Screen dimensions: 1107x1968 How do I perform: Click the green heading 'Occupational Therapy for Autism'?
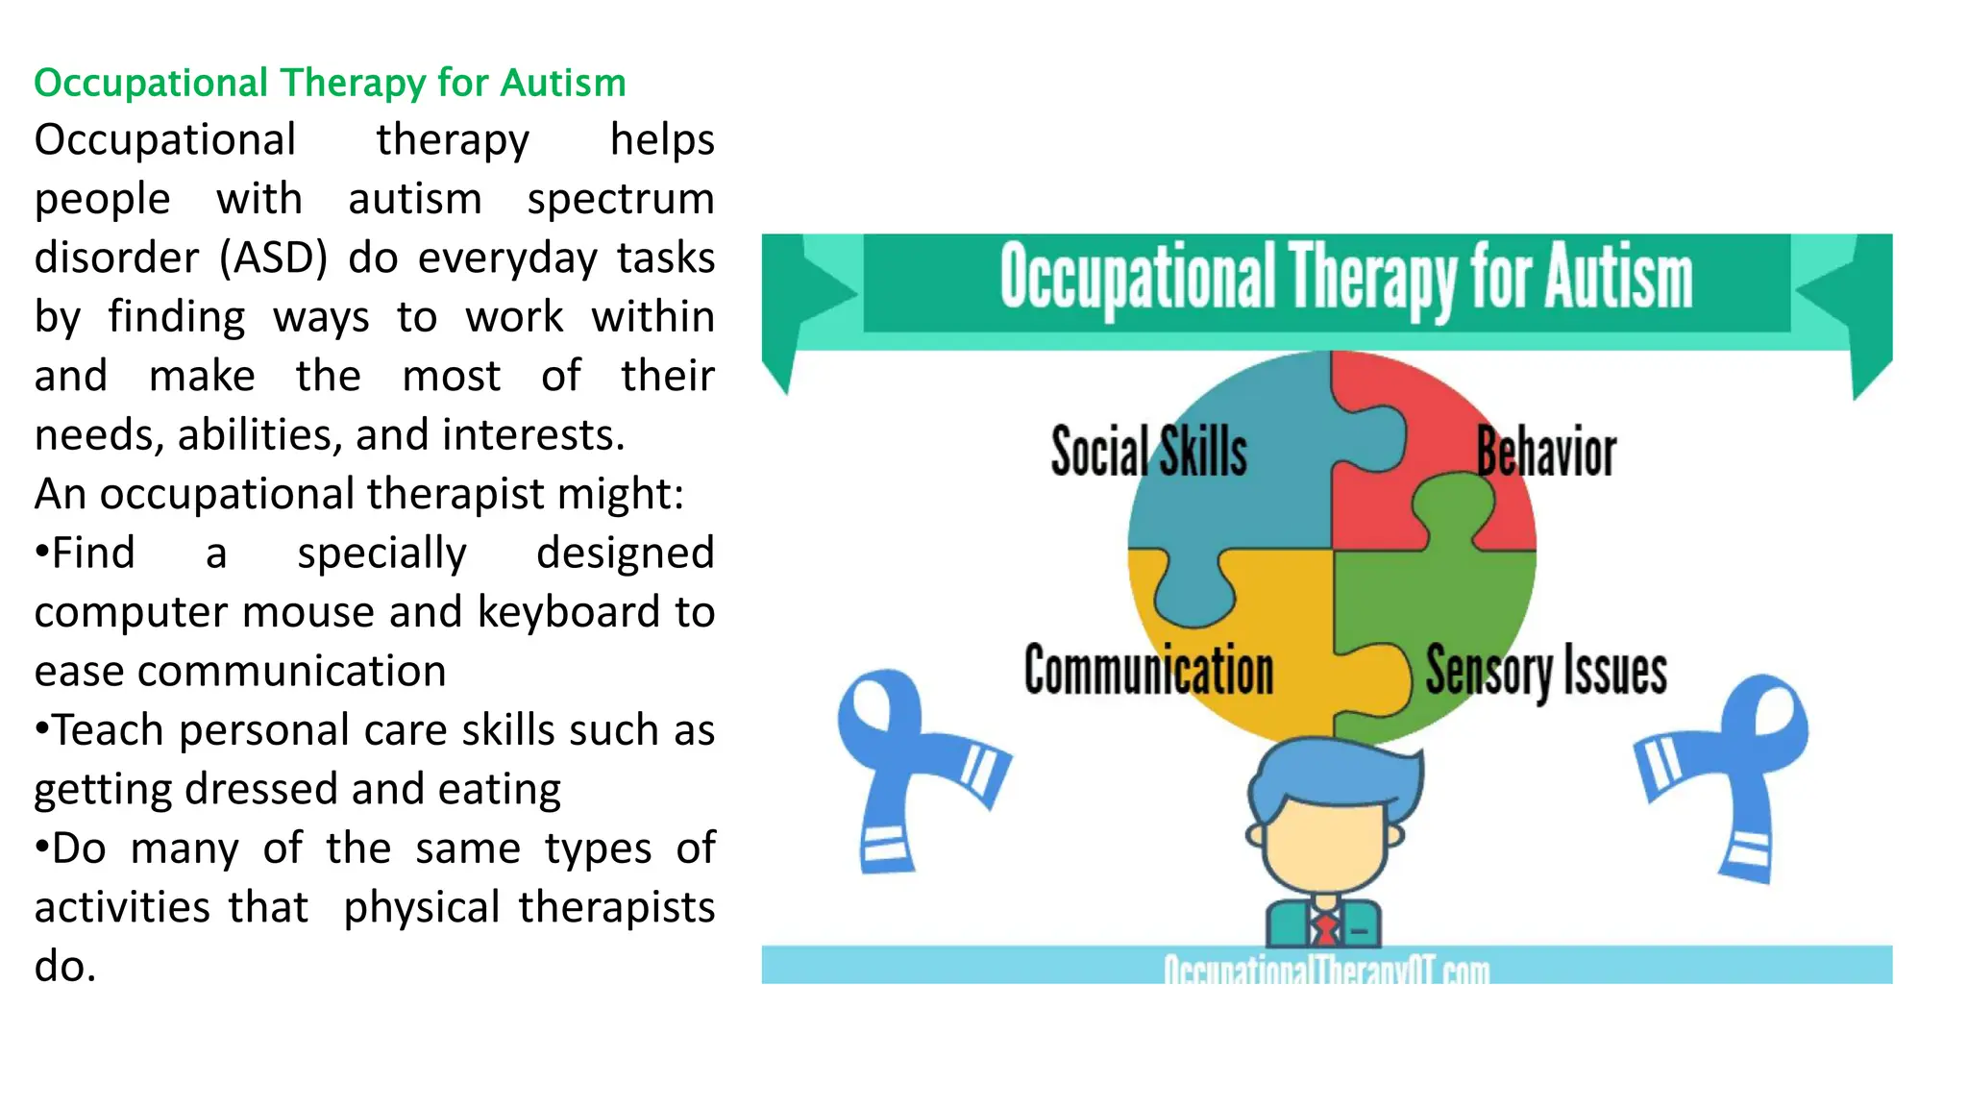[x=330, y=83]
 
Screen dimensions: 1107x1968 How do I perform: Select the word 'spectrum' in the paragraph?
[x=620, y=199]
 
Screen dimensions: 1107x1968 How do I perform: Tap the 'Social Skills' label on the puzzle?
[x=1148, y=452]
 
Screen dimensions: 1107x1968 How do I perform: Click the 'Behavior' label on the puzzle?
[x=1546, y=452]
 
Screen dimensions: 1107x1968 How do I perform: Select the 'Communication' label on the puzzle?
[x=1148, y=670]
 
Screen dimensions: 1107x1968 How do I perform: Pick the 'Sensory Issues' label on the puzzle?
[x=1545, y=670]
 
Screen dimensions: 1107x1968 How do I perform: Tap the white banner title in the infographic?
[x=1345, y=279]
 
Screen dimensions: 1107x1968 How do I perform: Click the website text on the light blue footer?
[x=1326, y=969]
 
